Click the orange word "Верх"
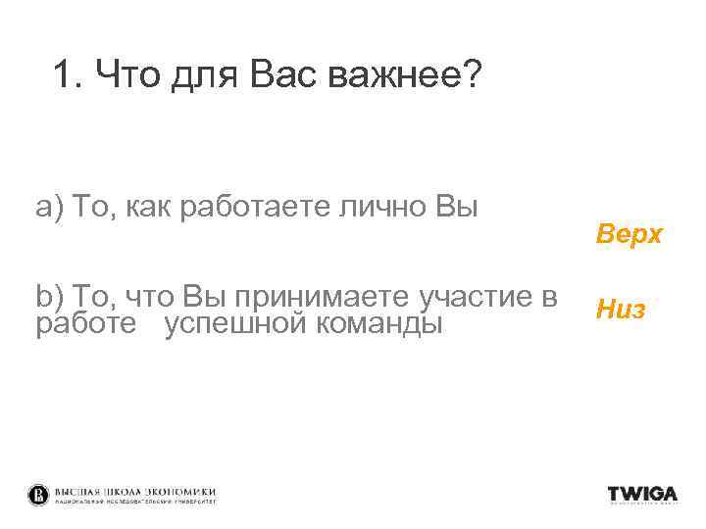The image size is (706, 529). pos(629,235)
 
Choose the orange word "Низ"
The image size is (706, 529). pos(620,311)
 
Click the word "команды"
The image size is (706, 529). pos(378,322)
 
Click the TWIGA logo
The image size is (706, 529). pos(642,495)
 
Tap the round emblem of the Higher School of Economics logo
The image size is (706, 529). pos(38,495)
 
